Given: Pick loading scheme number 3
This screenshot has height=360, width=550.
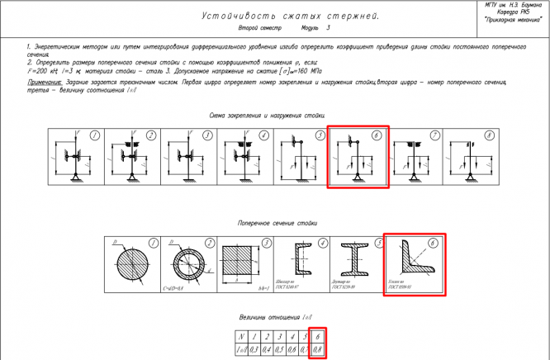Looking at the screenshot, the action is click(189, 157).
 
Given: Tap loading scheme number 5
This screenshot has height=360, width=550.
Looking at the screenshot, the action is click(301, 157).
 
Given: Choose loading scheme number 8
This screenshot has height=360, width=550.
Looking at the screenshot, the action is click(470, 157).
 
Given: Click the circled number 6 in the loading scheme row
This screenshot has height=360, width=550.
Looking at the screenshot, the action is click(376, 135).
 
